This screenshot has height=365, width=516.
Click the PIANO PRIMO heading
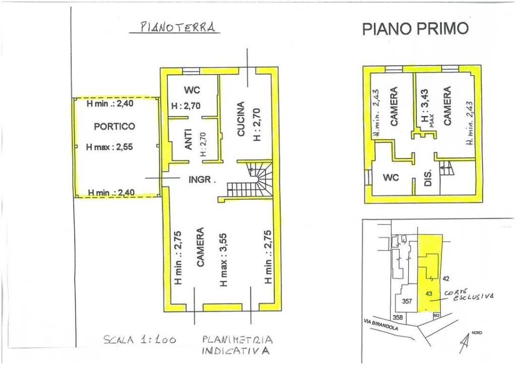(x=415, y=29)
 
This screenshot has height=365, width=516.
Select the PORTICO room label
(x=114, y=127)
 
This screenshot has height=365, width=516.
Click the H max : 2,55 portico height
(x=109, y=147)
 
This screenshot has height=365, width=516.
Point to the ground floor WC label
(x=192, y=90)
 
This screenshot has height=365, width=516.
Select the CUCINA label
(x=241, y=119)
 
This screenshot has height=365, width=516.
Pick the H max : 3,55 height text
(x=223, y=260)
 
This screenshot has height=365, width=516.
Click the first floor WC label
(x=391, y=178)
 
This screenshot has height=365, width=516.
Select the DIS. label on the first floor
(x=427, y=178)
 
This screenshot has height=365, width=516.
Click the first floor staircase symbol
(x=446, y=168)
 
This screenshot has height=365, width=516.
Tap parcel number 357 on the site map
(x=407, y=301)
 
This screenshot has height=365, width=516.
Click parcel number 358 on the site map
(x=398, y=318)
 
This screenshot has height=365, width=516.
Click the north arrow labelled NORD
(x=465, y=344)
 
